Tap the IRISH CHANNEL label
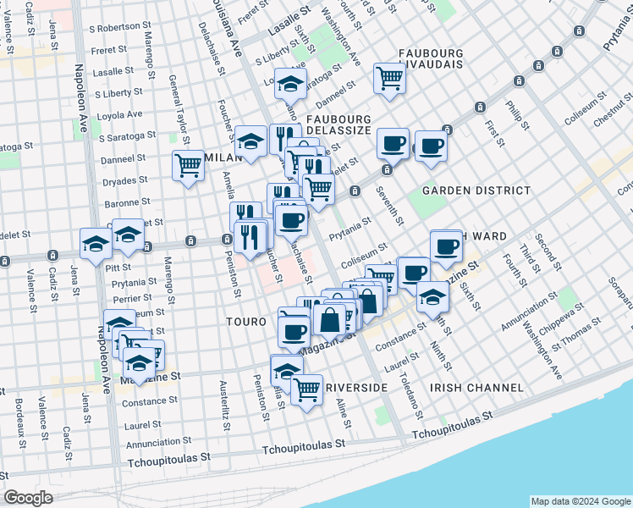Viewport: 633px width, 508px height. pos(476,388)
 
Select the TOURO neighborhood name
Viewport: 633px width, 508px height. pos(247,323)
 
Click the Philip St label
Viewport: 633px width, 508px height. pos(517,115)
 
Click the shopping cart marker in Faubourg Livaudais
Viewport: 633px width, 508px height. pos(390,79)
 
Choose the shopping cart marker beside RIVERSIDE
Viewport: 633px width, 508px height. pos(306,389)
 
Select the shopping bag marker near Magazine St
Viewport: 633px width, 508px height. pos(329,320)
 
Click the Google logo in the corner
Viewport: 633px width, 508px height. pos(27,498)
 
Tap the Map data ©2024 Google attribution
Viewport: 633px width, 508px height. pos(580,501)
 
